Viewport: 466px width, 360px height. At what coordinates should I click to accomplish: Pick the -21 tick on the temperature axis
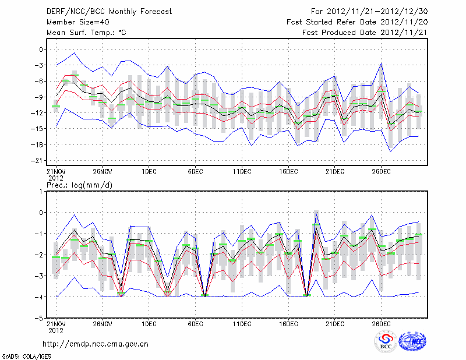pos(40,160)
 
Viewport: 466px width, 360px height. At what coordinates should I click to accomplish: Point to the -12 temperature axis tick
pos(40,113)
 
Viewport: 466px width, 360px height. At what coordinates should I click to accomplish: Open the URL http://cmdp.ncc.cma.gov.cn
pos(96,344)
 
